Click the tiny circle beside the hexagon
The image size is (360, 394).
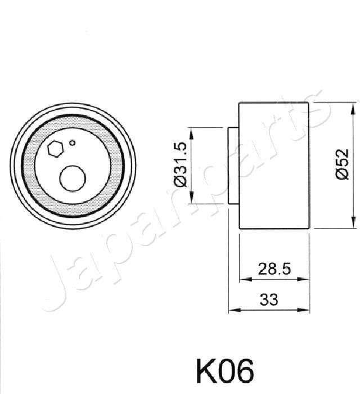click(x=72, y=143)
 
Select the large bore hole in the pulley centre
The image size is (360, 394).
click(x=73, y=178)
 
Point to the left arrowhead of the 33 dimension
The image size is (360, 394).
click(x=232, y=309)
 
